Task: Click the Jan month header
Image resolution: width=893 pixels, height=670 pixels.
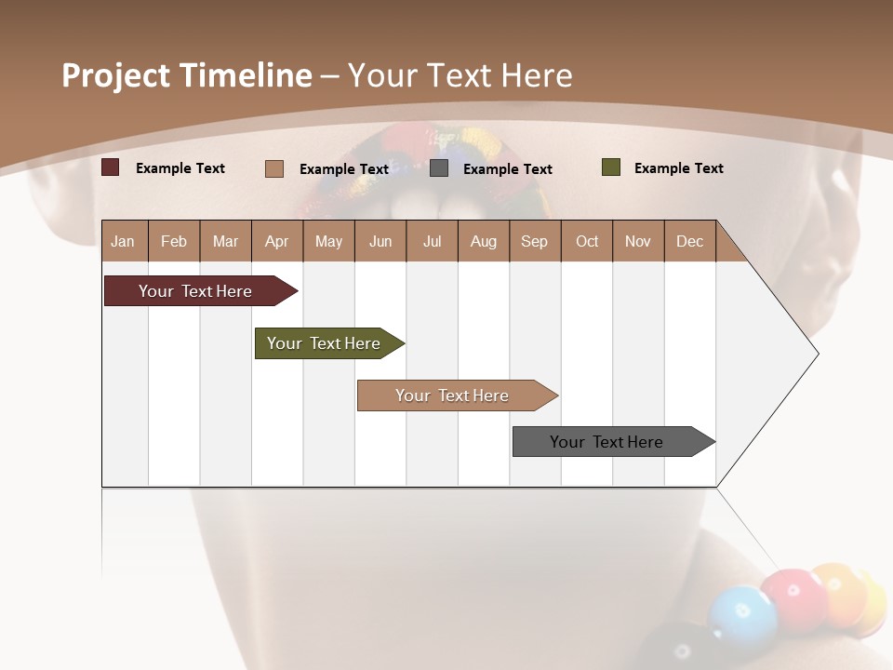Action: click(123, 241)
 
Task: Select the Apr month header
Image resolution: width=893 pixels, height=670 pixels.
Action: click(276, 241)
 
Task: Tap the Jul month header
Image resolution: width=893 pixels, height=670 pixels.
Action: click(432, 241)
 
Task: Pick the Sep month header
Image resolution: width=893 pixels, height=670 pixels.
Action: click(534, 241)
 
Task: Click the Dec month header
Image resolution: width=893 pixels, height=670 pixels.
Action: click(689, 241)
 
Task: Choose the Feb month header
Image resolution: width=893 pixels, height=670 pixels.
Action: click(174, 241)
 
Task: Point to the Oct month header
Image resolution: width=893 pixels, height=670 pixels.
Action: click(587, 241)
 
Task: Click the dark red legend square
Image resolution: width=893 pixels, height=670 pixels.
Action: click(111, 167)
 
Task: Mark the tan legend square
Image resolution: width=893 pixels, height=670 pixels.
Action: click(274, 168)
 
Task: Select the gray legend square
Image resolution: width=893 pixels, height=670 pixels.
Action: click(439, 168)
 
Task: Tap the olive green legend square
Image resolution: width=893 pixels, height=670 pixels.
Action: click(611, 167)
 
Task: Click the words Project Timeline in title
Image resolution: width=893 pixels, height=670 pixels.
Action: click(186, 75)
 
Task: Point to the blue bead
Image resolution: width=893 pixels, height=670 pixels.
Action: click(741, 614)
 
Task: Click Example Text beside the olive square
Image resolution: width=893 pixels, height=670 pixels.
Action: click(678, 168)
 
